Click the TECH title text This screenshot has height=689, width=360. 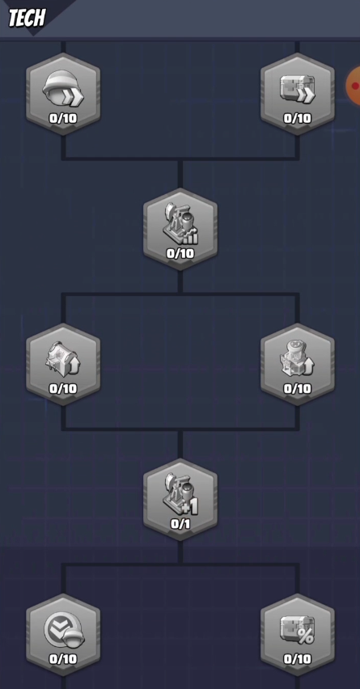point(27,18)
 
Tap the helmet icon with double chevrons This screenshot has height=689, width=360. point(63,88)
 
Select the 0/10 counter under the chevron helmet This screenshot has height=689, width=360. point(63,118)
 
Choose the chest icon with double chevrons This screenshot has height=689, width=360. point(297,89)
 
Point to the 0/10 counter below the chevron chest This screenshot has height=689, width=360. point(297,118)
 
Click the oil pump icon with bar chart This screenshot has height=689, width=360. point(180,222)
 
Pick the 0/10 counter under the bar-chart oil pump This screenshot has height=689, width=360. point(180,254)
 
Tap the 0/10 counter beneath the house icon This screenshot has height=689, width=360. point(63,388)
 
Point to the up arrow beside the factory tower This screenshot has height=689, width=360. point(310,367)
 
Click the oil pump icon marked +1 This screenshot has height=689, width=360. point(180,493)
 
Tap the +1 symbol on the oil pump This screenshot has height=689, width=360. point(190,508)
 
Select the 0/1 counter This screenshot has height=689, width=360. point(180,524)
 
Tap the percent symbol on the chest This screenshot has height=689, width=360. point(306,636)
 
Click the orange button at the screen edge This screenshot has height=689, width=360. point(354,86)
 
